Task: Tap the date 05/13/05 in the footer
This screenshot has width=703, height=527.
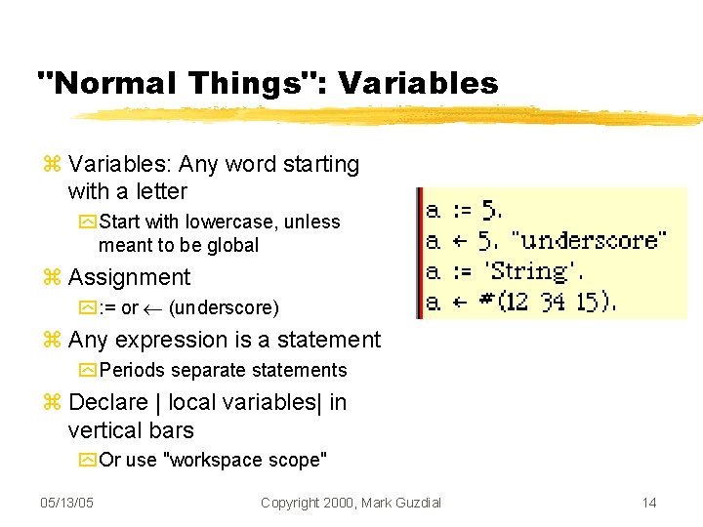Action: [66, 503]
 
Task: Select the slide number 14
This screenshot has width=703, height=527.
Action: [649, 503]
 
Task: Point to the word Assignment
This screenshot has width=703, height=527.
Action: [130, 278]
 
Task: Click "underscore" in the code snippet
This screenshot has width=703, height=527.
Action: [590, 240]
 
